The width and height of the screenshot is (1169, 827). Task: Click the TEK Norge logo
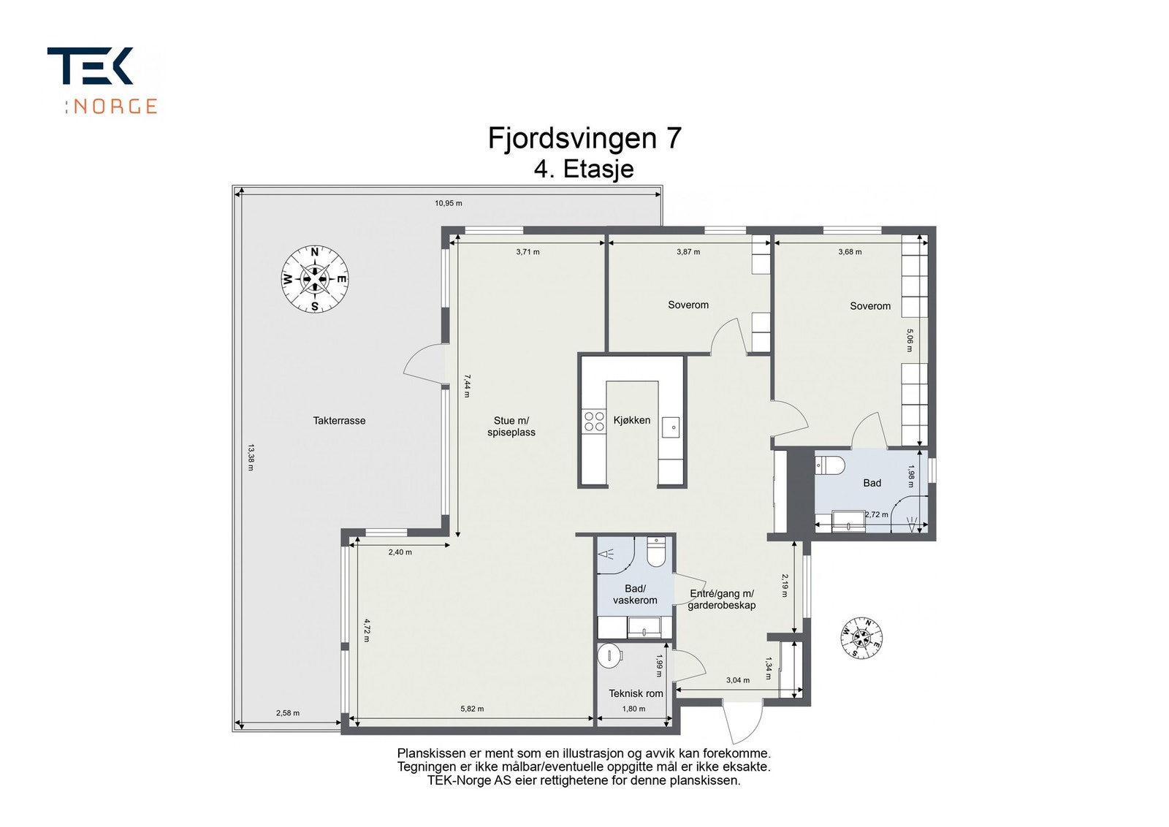pos(102,80)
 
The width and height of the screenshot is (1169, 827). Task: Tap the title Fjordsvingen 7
pos(584,138)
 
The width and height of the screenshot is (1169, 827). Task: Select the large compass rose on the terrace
pos(315,280)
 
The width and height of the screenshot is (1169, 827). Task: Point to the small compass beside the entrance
pos(861,637)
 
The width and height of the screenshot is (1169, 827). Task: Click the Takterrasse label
pos(339,421)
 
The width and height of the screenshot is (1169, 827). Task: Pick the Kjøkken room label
pos(632,420)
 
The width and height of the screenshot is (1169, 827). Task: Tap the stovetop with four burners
pos(594,422)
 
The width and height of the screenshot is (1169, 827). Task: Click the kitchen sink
pos(671,427)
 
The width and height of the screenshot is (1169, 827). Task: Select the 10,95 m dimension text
pos(449,203)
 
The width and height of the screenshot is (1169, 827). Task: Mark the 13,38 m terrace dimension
pos(251,457)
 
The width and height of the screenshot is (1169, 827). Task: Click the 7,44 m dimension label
pos(467,386)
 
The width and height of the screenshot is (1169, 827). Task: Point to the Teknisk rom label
pos(636,693)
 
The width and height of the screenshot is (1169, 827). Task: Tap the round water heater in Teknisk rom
pos(609,656)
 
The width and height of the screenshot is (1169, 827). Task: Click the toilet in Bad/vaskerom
pos(656,552)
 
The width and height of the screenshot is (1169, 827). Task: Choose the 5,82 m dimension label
pos(472,709)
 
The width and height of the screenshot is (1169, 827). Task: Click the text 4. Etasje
pos(584,169)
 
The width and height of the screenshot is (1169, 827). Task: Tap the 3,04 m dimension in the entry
pos(738,680)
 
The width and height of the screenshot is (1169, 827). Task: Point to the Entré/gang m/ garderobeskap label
pos(722,600)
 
